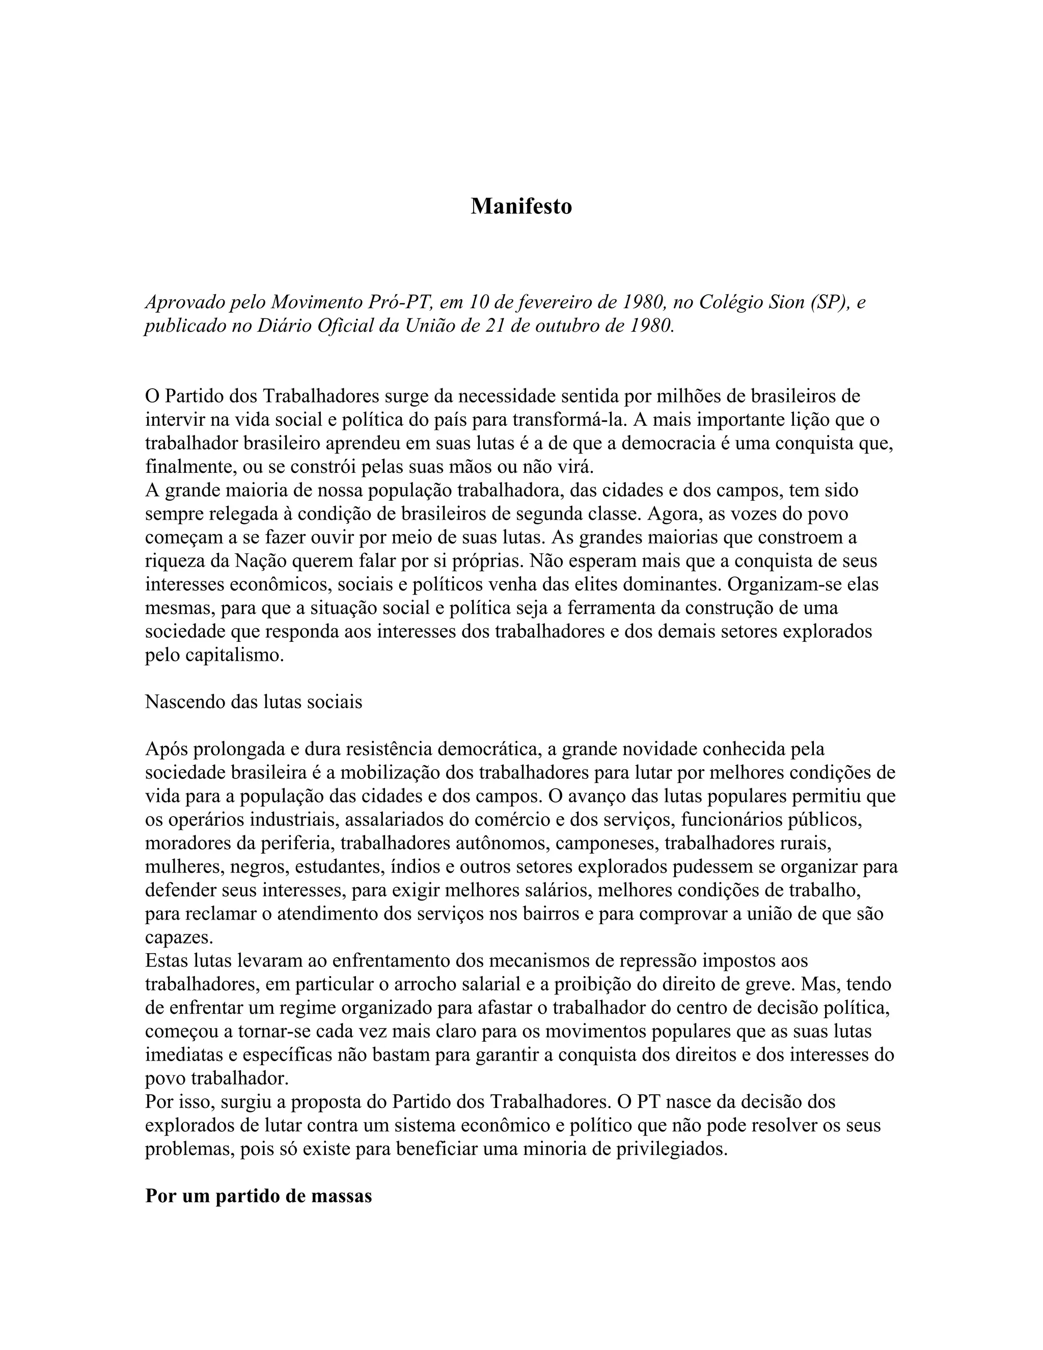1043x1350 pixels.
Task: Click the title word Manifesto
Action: pos(521,206)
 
